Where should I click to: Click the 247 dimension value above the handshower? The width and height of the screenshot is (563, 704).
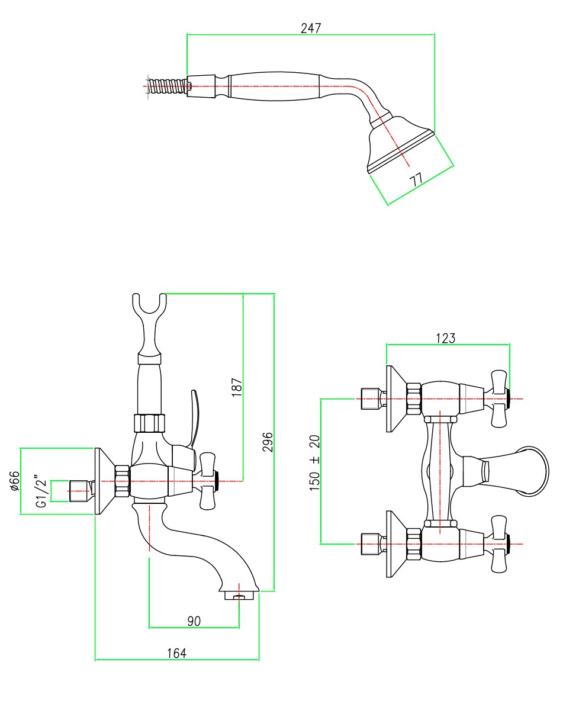(311, 28)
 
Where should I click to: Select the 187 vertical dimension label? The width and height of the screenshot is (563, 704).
(236, 387)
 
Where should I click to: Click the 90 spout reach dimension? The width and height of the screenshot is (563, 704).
(194, 621)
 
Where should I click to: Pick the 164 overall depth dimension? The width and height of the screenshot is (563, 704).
(176, 653)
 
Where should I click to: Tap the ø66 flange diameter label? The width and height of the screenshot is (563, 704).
(15, 481)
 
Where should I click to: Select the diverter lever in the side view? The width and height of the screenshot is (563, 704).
(194, 417)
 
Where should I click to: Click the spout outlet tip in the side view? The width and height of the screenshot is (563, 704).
(239, 594)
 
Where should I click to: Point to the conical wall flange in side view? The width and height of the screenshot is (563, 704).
(104, 481)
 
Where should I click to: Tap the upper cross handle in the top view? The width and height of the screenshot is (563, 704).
(498, 398)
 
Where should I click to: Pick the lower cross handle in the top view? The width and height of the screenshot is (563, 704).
(498, 544)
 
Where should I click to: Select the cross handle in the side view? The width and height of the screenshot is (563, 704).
(207, 480)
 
